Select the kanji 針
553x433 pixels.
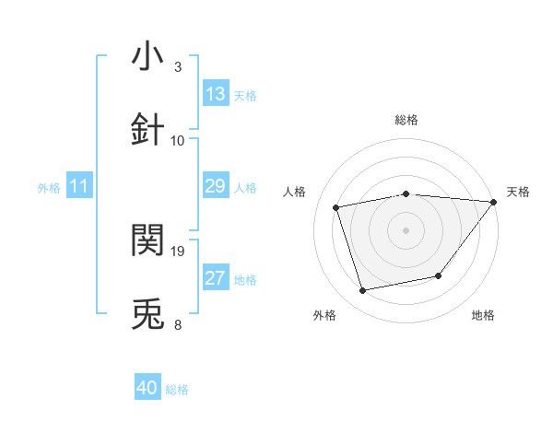[147, 128]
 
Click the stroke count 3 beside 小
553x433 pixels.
[178, 67]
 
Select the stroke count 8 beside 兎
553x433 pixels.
[178, 324]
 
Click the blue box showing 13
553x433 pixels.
[216, 94]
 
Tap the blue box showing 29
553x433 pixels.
[216, 186]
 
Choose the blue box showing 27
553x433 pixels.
[216, 278]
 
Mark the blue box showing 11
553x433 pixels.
[79, 186]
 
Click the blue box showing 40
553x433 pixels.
[147, 388]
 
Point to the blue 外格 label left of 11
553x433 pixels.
[49, 187]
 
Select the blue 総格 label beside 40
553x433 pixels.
[177, 390]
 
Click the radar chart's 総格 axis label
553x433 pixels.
[406, 120]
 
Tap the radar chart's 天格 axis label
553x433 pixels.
[518, 192]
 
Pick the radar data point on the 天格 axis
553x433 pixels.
[493, 202]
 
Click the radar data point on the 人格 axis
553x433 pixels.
[336, 207]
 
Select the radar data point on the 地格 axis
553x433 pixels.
[439, 275]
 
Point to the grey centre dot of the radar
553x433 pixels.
[406, 229]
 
